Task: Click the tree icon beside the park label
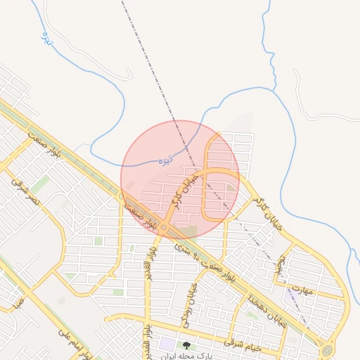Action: coord(186,345)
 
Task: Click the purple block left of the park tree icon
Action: coord(167,345)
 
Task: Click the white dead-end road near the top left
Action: coord(130,74)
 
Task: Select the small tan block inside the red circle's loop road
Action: coord(231,188)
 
